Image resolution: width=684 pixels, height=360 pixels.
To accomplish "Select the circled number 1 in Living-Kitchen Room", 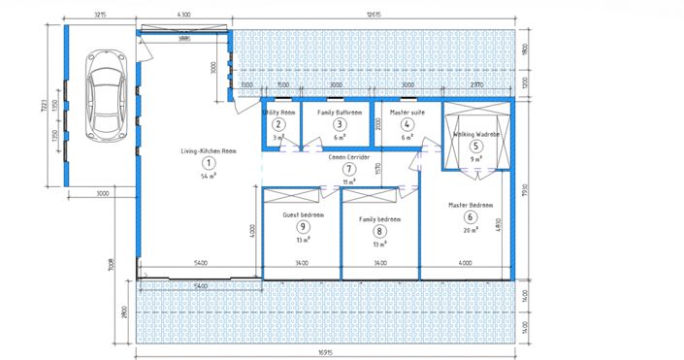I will click(205, 164).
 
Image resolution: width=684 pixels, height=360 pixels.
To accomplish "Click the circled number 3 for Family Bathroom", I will click(340, 124).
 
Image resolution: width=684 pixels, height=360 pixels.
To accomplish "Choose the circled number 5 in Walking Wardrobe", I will click(475, 146).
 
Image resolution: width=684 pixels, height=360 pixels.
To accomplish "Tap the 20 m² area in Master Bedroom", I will click(472, 231).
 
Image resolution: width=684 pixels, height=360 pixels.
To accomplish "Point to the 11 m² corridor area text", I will click(349, 181).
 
